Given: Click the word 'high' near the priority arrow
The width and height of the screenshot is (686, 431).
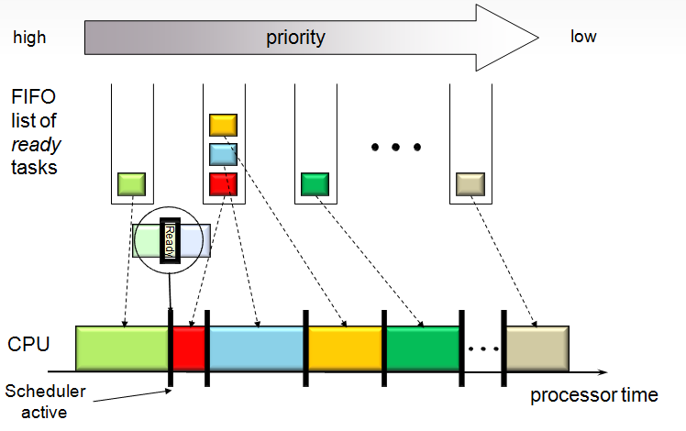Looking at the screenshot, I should (28, 38).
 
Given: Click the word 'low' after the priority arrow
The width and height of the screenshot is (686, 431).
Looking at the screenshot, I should (583, 37).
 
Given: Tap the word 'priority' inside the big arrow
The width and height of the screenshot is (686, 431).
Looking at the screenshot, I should (295, 38).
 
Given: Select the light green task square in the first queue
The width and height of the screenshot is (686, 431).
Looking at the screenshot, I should (131, 184).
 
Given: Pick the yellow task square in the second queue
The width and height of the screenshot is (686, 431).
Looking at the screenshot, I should (224, 125).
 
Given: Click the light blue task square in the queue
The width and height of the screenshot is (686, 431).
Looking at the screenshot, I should (224, 154).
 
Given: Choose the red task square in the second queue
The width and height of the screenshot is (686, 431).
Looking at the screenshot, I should (224, 183).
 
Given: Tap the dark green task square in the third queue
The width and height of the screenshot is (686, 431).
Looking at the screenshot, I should (315, 184).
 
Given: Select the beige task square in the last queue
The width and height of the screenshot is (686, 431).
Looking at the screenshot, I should (470, 184).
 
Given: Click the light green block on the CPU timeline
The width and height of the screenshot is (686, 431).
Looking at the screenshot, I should (122, 348).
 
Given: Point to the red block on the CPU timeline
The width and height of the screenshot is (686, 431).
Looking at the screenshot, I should (190, 348).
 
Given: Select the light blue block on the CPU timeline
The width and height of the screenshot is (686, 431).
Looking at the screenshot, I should (256, 348).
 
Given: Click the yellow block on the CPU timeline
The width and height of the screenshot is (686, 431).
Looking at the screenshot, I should (344, 348).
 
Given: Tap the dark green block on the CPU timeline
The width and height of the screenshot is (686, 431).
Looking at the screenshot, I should (422, 348).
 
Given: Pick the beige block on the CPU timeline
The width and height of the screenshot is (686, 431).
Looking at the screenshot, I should (538, 348).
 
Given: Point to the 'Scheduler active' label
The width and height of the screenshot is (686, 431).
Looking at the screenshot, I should (45, 401).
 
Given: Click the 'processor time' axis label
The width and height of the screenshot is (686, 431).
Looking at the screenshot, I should (593, 395).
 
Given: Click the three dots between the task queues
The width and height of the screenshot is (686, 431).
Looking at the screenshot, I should (395, 147).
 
